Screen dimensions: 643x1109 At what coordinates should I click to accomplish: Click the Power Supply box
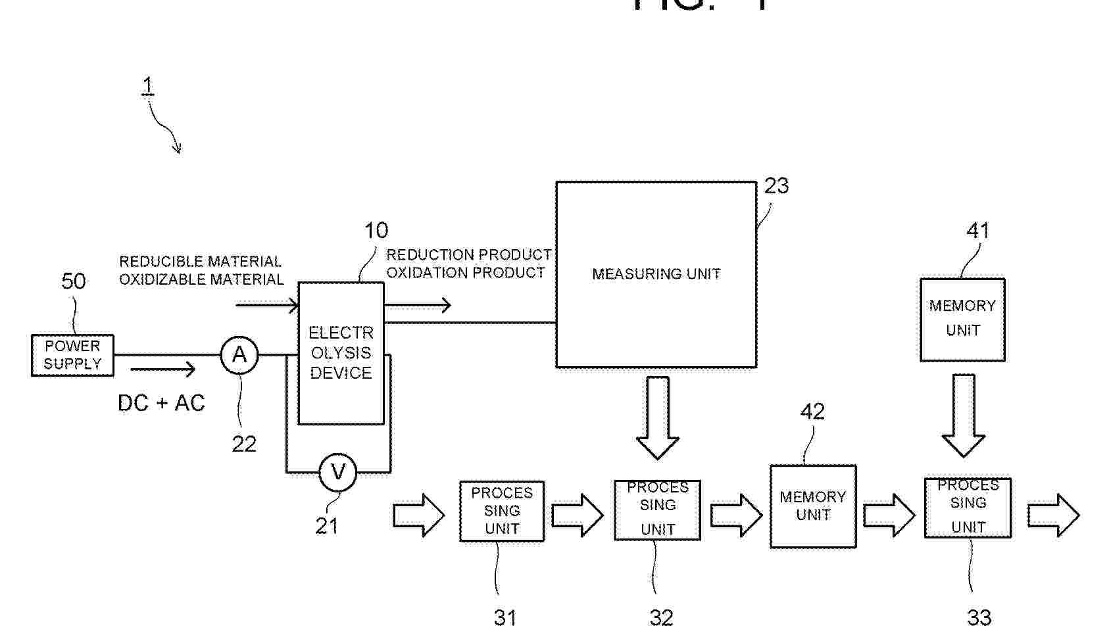[72, 355]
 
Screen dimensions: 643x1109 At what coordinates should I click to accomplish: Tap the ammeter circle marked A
[239, 355]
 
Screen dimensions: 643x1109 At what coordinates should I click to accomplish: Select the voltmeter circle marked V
[338, 472]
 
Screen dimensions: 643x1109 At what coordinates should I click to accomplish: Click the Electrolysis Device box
[341, 353]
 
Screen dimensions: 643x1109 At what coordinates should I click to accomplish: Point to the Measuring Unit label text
[656, 274]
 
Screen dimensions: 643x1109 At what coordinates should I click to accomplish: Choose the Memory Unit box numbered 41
[962, 320]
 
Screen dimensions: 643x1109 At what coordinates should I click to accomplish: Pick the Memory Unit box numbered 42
[813, 506]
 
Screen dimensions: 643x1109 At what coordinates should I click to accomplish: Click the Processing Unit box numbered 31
[502, 511]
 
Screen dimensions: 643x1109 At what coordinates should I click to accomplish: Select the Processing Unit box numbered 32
[657, 510]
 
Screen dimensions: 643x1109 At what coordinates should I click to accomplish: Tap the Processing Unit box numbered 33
[968, 508]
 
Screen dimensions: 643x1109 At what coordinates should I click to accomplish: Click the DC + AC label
[161, 403]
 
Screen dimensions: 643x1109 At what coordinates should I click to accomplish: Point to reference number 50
[74, 281]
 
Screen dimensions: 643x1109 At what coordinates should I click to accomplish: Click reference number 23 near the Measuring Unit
[776, 186]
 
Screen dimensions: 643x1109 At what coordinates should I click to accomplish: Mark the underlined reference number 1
[148, 85]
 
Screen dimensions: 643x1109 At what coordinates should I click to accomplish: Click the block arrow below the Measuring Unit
[658, 417]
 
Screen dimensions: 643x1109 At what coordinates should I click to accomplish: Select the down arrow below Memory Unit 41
[964, 415]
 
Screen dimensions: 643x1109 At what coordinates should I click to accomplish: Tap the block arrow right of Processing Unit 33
[1054, 515]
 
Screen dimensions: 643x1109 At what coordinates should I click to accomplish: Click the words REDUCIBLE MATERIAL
[200, 262]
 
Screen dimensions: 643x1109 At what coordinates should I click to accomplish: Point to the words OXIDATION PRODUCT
[466, 273]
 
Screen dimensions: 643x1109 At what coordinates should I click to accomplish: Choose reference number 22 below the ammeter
[244, 444]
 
